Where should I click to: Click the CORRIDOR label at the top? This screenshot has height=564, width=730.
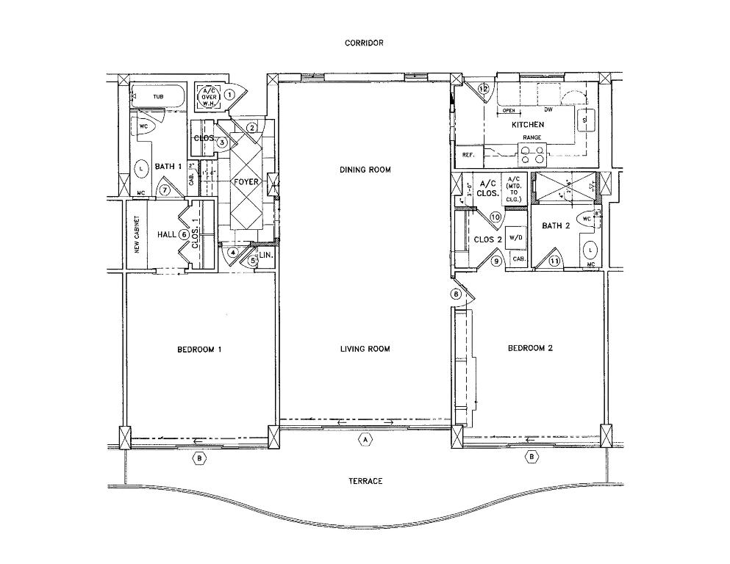(x=364, y=43)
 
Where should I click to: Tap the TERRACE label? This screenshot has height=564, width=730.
(x=365, y=481)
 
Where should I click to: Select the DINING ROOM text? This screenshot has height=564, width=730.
(x=365, y=170)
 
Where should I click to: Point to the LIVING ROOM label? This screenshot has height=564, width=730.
(x=365, y=349)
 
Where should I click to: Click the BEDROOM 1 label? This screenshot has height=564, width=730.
(x=199, y=350)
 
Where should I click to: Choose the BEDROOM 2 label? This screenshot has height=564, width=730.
(x=530, y=348)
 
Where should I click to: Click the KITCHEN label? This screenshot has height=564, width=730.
(x=528, y=125)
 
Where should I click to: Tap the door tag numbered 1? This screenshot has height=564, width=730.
(x=229, y=94)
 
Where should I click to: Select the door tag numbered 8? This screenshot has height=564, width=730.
(x=456, y=294)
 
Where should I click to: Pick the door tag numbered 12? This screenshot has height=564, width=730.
(x=483, y=89)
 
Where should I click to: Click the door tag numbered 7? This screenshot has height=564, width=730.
(x=165, y=190)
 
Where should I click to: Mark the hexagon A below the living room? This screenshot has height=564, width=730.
(x=364, y=440)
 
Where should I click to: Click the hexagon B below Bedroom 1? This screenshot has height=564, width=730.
(x=198, y=458)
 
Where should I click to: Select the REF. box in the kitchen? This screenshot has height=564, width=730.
(x=468, y=156)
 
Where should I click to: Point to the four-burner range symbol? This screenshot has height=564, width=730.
(x=533, y=154)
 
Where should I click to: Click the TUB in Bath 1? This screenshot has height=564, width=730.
(x=157, y=96)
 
